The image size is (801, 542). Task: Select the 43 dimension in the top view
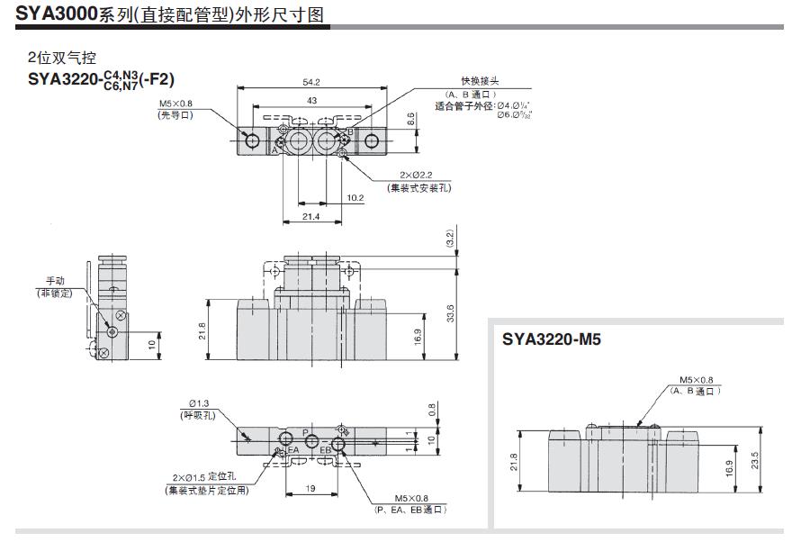pos(311,101)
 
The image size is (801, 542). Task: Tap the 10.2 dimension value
pos(354,198)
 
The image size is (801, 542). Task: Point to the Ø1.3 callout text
pos(199,403)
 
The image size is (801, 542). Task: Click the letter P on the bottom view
pos(306,433)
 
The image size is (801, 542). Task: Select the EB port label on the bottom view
pos(326,448)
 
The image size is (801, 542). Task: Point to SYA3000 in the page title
pos(56,14)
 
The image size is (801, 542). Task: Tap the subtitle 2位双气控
pos(60,57)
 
